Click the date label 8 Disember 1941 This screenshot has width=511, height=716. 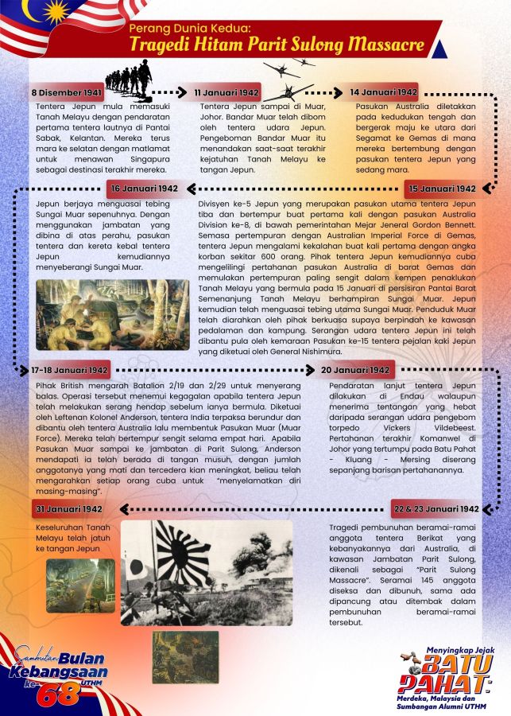click(66, 93)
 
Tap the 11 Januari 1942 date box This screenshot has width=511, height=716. click(228, 93)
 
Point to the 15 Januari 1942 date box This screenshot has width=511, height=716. click(442, 189)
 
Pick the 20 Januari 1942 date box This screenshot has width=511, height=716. click(355, 371)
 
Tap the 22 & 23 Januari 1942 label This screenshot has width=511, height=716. click(436, 509)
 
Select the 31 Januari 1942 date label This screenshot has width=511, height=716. click(69, 509)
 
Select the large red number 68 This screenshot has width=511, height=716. click(60, 692)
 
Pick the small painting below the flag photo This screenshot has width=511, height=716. click(185, 656)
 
